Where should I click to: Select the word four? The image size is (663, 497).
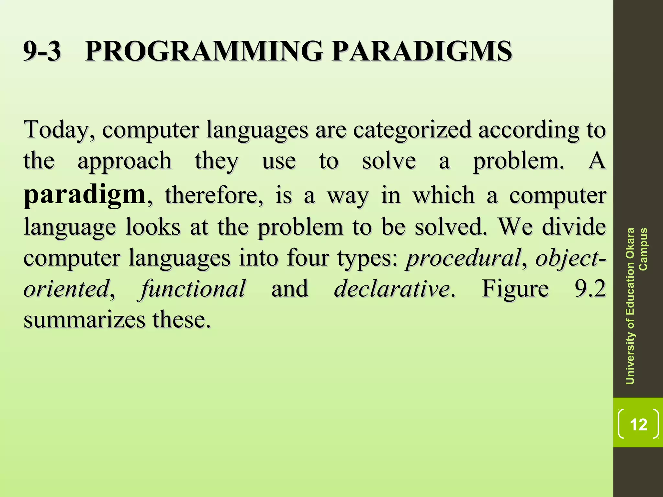(308, 258)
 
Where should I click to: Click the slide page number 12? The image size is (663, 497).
(638, 424)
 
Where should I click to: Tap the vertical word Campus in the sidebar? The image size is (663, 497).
(643, 249)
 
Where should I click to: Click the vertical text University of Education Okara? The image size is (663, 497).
(630, 306)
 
